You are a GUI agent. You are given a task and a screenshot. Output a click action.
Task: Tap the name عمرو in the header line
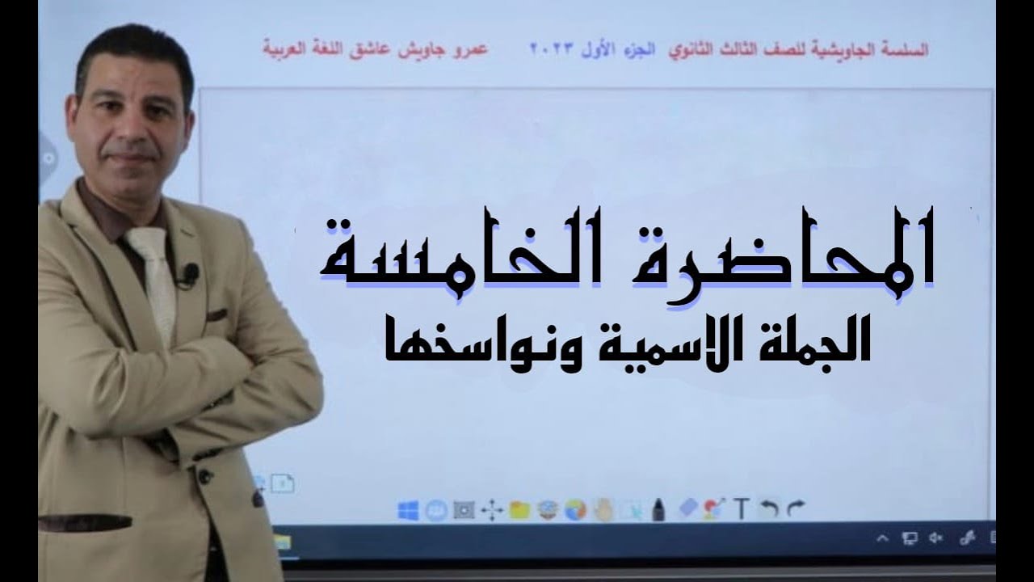(477, 48)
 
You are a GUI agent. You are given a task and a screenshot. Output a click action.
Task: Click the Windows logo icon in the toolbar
(408, 510)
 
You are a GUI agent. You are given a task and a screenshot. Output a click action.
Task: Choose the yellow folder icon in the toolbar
(519, 510)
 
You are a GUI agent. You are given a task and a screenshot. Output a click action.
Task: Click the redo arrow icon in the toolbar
(796, 508)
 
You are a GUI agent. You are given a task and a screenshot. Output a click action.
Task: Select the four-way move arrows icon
(491, 510)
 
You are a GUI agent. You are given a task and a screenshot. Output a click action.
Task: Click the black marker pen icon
(658, 510)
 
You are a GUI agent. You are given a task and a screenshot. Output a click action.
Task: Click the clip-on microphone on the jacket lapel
(191, 273)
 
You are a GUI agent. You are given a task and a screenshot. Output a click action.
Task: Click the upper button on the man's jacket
(205, 477)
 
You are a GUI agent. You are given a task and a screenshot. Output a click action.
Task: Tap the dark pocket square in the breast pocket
(216, 315)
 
